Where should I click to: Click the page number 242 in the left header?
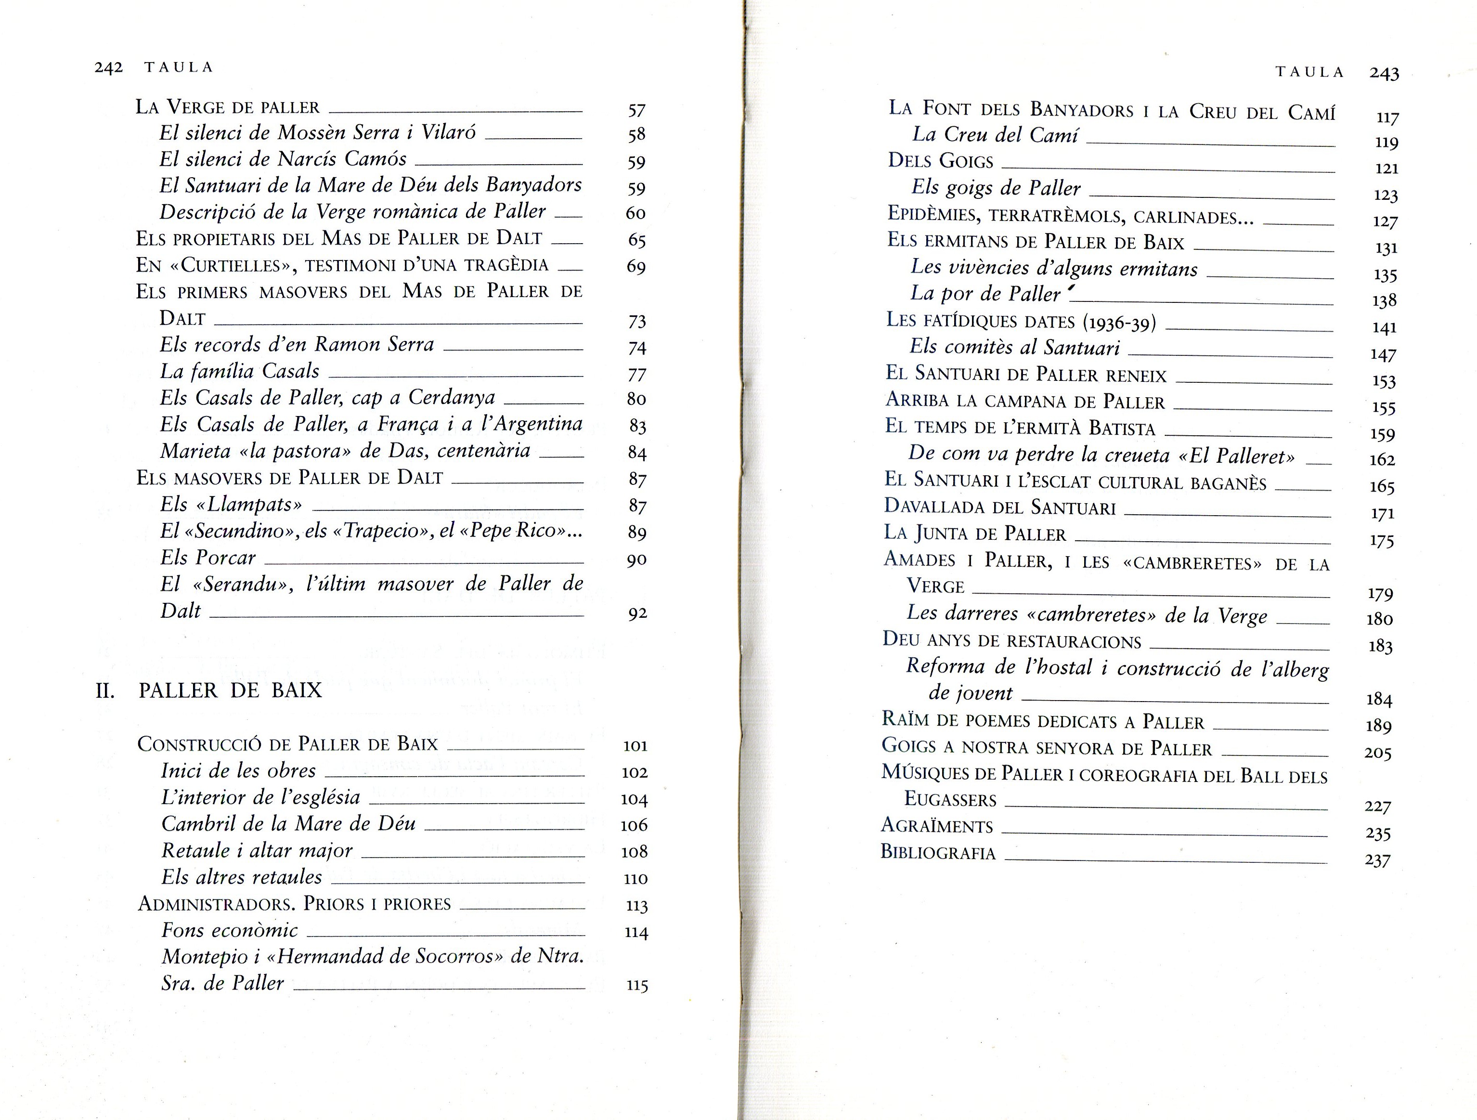click(108, 67)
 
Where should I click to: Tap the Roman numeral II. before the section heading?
click(105, 690)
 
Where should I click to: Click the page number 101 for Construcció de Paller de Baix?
click(635, 746)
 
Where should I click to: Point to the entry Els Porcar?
click(207, 558)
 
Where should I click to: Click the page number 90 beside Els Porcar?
click(636, 560)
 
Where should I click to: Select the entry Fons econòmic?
click(230, 930)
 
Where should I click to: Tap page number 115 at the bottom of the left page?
click(636, 985)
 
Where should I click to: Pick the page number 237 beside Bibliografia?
click(1377, 860)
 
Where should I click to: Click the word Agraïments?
click(937, 826)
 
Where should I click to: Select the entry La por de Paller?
click(985, 294)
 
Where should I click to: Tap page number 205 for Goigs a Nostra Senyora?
click(1377, 754)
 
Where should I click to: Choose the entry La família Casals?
click(240, 371)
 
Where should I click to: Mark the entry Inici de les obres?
click(238, 771)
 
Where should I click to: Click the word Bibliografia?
click(937, 853)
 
